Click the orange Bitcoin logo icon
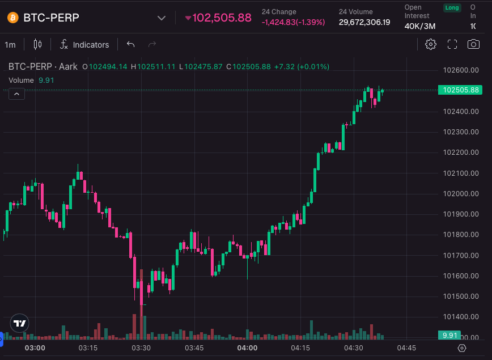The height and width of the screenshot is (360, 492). [13, 18]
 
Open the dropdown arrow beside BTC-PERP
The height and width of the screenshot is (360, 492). [162, 18]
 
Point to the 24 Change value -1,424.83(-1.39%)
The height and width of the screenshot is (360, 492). [293, 22]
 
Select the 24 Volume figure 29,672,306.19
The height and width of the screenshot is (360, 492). [364, 22]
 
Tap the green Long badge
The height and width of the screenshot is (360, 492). [452, 8]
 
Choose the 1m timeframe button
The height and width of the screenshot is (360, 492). [10, 44]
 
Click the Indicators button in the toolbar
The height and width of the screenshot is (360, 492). [85, 44]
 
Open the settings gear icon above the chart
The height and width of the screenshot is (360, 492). [431, 44]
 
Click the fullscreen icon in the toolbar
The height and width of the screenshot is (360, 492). [452, 44]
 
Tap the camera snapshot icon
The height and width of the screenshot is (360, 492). [473, 44]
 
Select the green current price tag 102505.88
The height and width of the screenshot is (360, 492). [461, 90]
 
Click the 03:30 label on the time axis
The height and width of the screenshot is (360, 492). [141, 348]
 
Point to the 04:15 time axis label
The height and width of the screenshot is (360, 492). [300, 348]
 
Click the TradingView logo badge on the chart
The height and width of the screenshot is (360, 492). [20, 323]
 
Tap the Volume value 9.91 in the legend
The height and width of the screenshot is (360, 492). [46, 80]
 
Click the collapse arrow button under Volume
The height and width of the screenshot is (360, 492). [16, 94]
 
